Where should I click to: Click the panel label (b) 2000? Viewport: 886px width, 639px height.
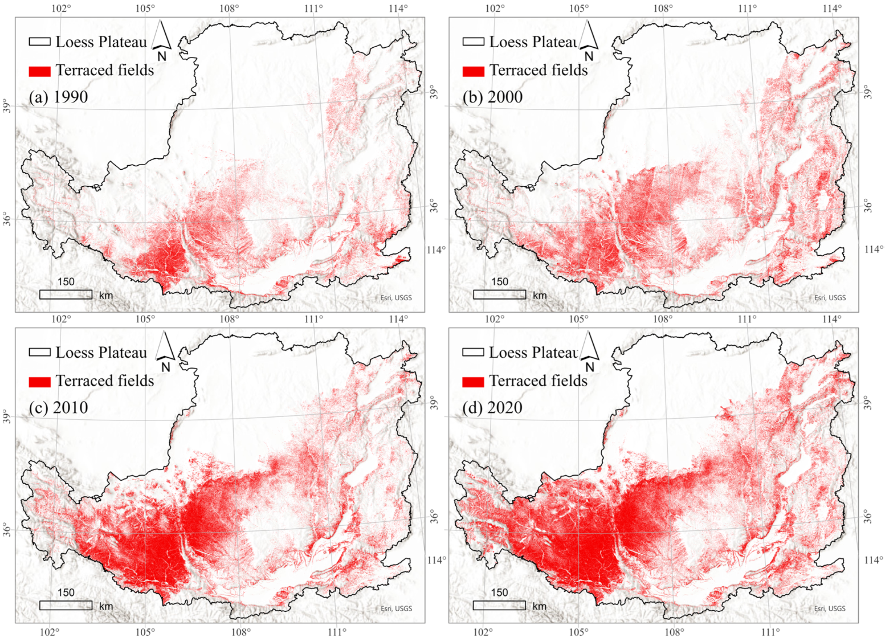pos(492,97)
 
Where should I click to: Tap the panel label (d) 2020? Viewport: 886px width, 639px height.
pos(492,407)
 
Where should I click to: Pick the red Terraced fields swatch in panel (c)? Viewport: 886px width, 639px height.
pos(40,382)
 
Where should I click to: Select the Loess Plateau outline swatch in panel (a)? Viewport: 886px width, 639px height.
pos(40,41)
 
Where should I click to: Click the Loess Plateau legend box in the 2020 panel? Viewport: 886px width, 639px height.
pos(473,352)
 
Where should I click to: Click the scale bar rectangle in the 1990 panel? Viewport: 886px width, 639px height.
pos(66,294)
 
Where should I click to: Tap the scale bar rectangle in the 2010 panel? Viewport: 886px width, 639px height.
pos(66,605)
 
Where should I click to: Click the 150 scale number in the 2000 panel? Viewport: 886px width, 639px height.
pos(499,282)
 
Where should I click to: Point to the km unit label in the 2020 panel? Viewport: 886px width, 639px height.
pos(540,606)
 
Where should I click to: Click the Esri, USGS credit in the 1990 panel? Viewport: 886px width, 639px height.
pos(396,298)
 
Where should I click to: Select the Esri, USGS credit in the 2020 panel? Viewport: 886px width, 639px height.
pos(830,608)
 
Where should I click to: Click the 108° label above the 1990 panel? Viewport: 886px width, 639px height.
pos(229,9)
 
